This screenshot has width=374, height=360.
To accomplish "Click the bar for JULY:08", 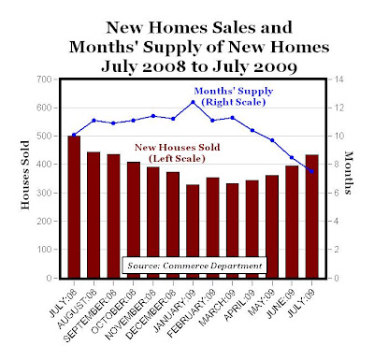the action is (74, 207).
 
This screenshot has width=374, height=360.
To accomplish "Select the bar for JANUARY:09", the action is (193, 231).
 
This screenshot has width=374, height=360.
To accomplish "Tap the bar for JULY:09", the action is (312, 216).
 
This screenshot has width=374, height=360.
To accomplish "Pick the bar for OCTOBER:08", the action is (134, 220).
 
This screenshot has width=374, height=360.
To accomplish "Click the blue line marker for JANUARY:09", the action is (193, 102).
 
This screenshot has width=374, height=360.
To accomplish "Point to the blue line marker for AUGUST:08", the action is (93, 121).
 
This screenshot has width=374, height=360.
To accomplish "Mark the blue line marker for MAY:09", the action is (272, 140).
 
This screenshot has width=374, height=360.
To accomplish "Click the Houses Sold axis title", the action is (25, 175).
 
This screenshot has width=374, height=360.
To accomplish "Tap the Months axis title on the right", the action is (348, 173).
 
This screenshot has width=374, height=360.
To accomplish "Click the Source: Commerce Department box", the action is (194, 266).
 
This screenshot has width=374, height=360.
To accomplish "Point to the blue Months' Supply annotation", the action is (234, 96).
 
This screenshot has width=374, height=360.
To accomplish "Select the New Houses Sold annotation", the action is (178, 152).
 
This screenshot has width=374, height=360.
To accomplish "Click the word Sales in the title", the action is (235, 27).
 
